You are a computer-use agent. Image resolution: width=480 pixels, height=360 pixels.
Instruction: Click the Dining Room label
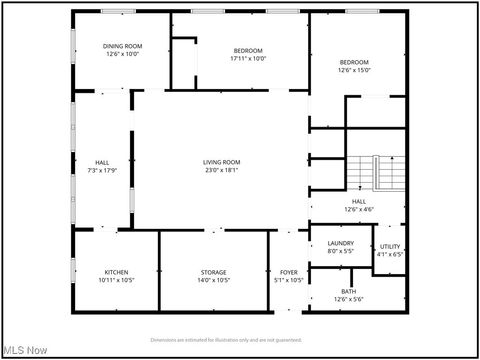[x=122, y=46]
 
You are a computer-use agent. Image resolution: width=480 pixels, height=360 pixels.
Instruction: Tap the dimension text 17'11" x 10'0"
[x=248, y=58]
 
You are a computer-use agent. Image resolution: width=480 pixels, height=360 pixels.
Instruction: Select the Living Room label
[x=221, y=162]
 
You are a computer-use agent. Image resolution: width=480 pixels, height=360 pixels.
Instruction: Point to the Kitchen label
[x=117, y=272]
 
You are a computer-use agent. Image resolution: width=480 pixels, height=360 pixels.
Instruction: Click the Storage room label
[x=214, y=272]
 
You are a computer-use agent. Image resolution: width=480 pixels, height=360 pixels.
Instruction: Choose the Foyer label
[x=289, y=272]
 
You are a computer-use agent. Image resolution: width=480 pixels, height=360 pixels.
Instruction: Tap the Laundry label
[x=340, y=243]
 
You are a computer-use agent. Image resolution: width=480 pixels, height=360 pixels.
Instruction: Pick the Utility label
[x=390, y=246]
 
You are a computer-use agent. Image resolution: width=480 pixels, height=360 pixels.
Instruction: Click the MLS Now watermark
[x=25, y=350]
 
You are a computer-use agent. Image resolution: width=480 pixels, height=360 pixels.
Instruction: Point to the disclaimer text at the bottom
[x=239, y=339]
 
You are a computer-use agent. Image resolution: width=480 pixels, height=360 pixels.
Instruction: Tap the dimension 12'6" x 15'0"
[x=354, y=70]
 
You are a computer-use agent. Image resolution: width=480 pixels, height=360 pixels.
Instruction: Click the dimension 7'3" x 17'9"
[x=102, y=170]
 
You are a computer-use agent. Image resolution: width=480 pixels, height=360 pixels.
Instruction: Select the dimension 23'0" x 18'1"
[x=221, y=170]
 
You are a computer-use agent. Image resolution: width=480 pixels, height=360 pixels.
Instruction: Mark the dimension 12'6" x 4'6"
[x=358, y=209]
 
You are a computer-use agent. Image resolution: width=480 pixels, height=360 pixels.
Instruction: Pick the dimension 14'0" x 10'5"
[x=214, y=280]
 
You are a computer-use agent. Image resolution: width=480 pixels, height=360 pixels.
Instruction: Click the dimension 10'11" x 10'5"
[x=117, y=280]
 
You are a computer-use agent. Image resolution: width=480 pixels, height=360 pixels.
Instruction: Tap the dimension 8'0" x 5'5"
[x=340, y=251]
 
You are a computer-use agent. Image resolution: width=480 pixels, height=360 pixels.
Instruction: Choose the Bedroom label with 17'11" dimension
[x=248, y=50]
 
